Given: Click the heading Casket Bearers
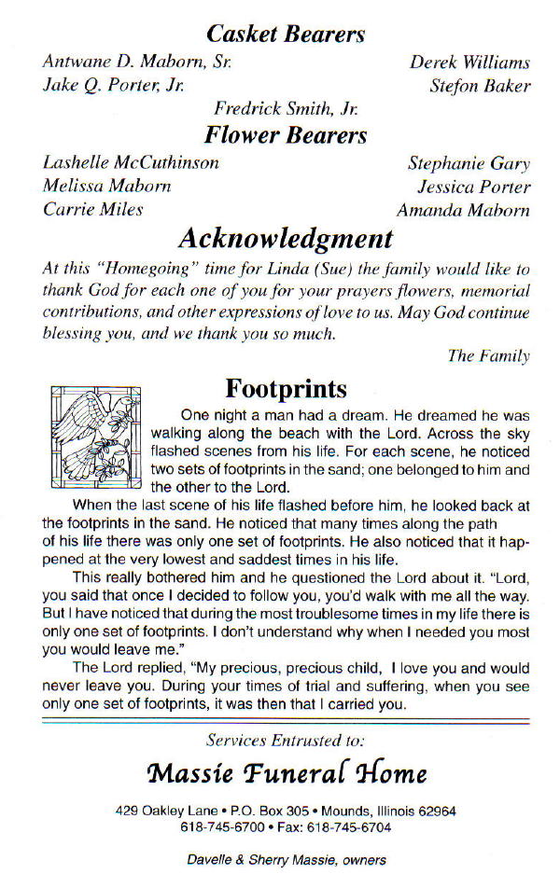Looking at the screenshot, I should (x=285, y=35).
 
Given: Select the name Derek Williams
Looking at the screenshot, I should (x=469, y=63).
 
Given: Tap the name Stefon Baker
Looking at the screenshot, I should (x=479, y=87).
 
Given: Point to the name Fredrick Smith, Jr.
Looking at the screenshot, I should (x=286, y=109).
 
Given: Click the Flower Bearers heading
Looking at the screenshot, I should (x=286, y=135).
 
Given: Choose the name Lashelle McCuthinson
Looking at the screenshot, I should (x=132, y=163).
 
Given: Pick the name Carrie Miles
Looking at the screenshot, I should (x=93, y=209).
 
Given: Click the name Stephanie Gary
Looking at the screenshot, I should (x=469, y=164).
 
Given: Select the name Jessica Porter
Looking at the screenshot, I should (x=473, y=187).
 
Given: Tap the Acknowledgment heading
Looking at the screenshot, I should (x=285, y=238).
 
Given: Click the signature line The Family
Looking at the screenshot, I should (x=488, y=355).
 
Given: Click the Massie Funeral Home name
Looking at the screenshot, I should (x=286, y=773).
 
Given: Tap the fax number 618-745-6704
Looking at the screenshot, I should (x=356, y=827).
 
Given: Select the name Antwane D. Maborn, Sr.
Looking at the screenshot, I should (x=137, y=63).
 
